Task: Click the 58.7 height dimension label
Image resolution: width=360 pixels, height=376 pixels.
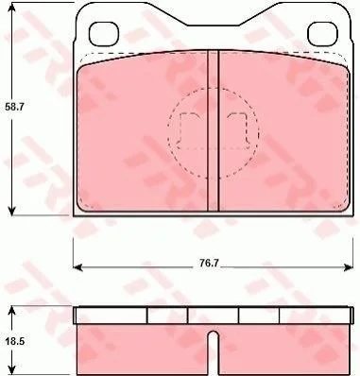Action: coord(15,107)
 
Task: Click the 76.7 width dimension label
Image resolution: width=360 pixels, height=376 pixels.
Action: coord(209,263)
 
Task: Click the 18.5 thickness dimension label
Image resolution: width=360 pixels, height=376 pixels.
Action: coord(15,341)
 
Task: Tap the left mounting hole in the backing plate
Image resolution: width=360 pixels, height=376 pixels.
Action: coord(104,34)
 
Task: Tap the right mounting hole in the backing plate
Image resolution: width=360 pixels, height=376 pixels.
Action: coord(322,34)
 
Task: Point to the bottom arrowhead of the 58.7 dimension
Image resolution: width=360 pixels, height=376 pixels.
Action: coord(11,211)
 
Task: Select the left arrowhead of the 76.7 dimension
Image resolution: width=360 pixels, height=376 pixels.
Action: coord(78,267)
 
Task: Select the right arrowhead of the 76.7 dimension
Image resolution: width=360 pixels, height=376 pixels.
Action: coord(348,267)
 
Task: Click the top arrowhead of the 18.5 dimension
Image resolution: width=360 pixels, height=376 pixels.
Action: coord(11,311)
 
